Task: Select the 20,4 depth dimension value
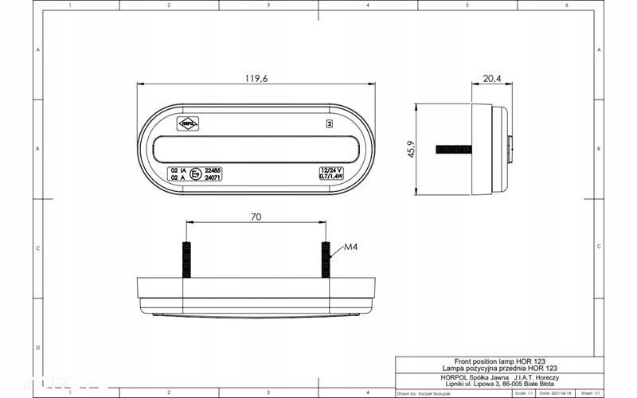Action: pyautogui.click(x=492, y=78)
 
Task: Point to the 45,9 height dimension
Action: pyautogui.click(x=410, y=149)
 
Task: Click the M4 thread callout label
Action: pyautogui.click(x=351, y=248)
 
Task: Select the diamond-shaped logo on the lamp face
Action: pyautogui.click(x=188, y=123)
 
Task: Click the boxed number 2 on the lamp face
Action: pyautogui.click(x=329, y=123)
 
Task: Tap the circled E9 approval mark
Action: pyautogui.click(x=195, y=174)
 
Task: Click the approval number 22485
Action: pyautogui.click(x=213, y=170)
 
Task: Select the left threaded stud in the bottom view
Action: pyautogui.click(x=186, y=259)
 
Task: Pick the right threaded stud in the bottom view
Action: pyautogui.click(x=326, y=259)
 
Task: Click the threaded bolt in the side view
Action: pyautogui.click(x=453, y=149)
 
